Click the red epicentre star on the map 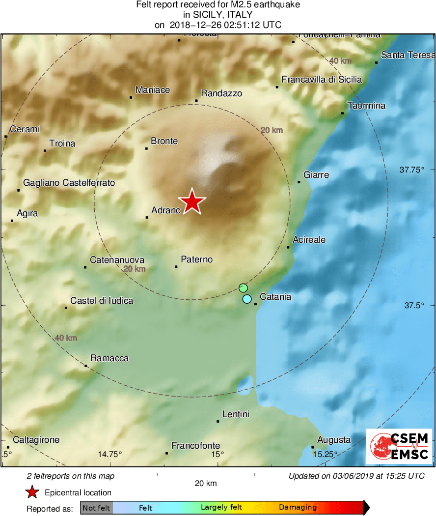pyautogui.click(x=191, y=202)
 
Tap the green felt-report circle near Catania pyautogui.click(x=243, y=287)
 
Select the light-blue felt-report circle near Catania pyautogui.click(x=247, y=299)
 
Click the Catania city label pyautogui.click(x=275, y=297)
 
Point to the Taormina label pyautogui.click(x=366, y=106)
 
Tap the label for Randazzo pyautogui.click(x=221, y=93)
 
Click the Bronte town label pyautogui.click(x=164, y=141)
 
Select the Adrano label pyautogui.click(x=166, y=210)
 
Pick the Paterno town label pyautogui.click(x=196, y=259)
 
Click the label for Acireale pyautogui.click(x=309, y=240)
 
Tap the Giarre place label pyautogui.click(x=316, y=175)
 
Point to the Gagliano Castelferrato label pyautogui.click(x=69, y=183)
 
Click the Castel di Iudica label pyautogui.click(x=102, y=300)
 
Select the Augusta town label pyautogui.click(x=334, y=440)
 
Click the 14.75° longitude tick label pyautogui.click(x=110, y=454)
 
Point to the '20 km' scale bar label pyautogui.click(x=205, y=484)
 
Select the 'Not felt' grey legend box pyautogui.click(x=96, y=508)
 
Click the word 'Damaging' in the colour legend pyautogui.click(x=298, y=508)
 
